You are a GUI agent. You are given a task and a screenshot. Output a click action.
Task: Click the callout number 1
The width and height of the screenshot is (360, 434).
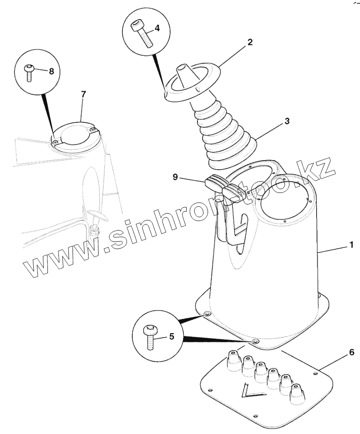[x=351, y=245]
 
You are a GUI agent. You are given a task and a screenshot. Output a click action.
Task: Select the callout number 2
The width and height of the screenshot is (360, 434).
[x=250, y=42]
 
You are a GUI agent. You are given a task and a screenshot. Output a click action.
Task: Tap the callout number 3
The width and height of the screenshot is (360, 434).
[x=287, y=121]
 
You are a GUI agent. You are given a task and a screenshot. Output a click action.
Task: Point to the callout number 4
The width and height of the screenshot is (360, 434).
[x=157, y=28]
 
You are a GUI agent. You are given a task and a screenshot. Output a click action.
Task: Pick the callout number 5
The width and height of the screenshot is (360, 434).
[x=172, y=337]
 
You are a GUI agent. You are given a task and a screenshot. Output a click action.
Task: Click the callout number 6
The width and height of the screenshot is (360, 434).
[x=351, y=352]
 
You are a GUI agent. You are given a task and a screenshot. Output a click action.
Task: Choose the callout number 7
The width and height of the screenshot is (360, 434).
[x=83, y=94]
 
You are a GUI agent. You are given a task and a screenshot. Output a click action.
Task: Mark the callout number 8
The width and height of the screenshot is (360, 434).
[x=51, y=71]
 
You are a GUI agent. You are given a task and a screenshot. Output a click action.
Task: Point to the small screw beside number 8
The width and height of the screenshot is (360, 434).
[x=29, y=72]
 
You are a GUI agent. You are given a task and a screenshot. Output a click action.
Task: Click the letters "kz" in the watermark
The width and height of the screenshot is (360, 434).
[x=319, y=172]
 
